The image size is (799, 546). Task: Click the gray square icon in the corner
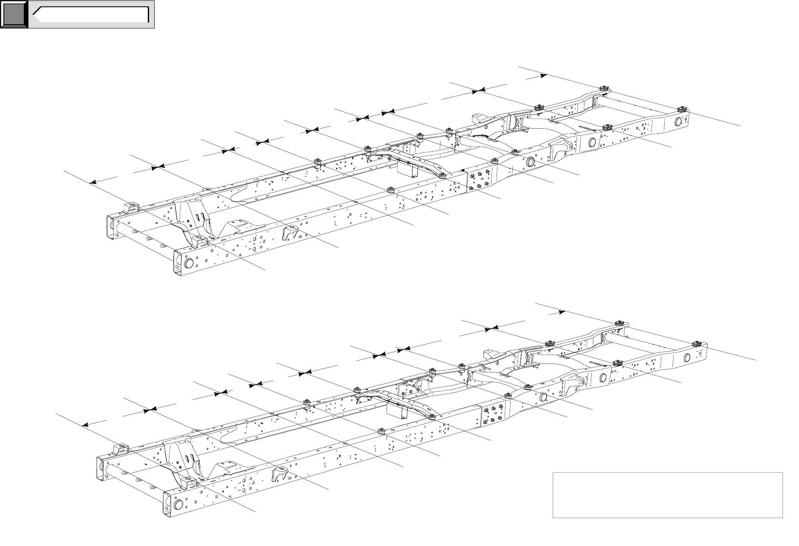[x=14, y=15]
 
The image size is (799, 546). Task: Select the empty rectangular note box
[x=667, y=495]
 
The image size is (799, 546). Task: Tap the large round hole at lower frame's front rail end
[x=178, y=504]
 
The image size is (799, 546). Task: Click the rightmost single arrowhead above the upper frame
[x=543, y=76]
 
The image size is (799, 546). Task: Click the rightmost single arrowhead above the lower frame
[x=562, y=312]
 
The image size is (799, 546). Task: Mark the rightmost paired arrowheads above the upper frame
[x=477, y=90]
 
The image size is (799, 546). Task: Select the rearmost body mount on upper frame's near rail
[x=682, y=109]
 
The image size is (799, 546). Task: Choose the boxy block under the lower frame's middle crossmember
[x=395, y=410]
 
